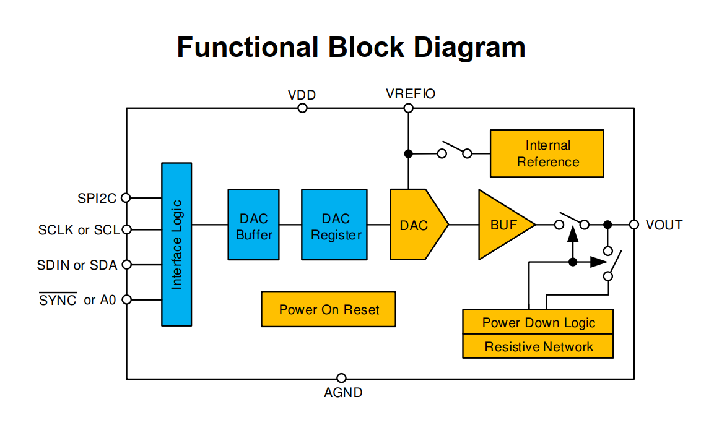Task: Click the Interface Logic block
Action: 176,244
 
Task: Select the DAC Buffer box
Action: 254,225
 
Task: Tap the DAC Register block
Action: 335,225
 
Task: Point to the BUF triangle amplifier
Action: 502,225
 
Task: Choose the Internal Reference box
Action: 547,153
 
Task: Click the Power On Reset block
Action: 328,309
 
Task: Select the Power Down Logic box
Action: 538,322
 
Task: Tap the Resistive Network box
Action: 538,346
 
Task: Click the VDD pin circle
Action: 302,108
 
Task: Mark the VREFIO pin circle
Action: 408,108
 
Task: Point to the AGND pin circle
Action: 341,378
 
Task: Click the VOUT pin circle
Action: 633,225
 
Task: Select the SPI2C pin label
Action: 97,198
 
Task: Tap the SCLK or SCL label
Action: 79,230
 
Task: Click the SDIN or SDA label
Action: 77,265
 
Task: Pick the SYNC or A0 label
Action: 77,301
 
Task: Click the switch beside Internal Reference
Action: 455,151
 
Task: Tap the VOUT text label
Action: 664,225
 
